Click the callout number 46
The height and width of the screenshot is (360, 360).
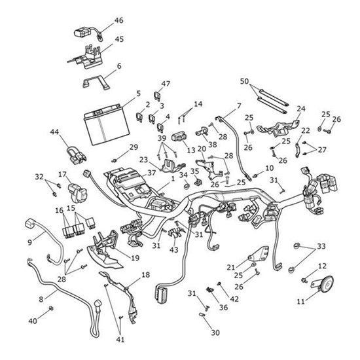tap(118, 20)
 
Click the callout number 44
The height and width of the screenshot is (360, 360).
tap(54, 132)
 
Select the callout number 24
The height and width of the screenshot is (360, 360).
tap(301, 109)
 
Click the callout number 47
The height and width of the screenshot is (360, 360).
tap(166, 84)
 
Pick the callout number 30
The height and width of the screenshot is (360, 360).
tap(216, 333)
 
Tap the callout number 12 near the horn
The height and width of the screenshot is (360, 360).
tap(321, 266)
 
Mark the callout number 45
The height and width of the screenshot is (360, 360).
tap(119, 39)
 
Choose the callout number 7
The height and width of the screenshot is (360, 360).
tap(238, 105)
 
